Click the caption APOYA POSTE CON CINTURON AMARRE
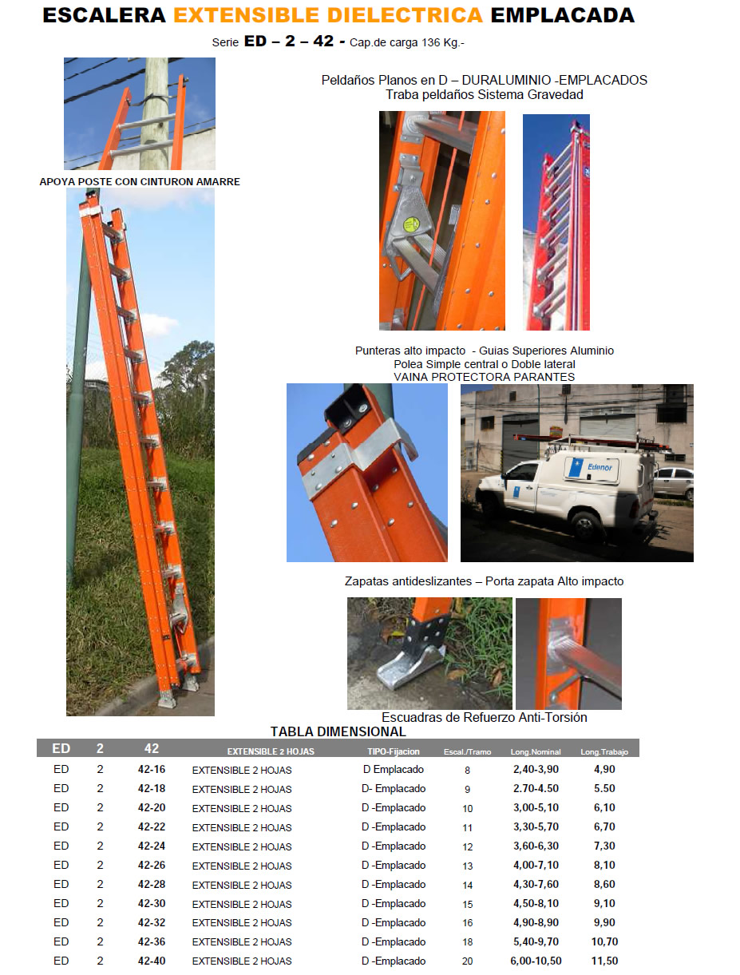point(140,182)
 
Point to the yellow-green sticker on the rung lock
point(411,224)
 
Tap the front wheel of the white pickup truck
point(587,527)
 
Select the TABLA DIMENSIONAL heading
point(338,731)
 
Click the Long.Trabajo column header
point(604,751)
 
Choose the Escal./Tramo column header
point(467,751)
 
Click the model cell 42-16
point(152,769)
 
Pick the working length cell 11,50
point(604,961)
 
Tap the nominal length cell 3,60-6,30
point(536,846)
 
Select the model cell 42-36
point(152,941)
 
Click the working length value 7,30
point(604,846)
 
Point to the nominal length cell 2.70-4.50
point(536,788)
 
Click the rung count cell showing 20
point(467,961)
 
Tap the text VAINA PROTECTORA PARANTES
point(484,377)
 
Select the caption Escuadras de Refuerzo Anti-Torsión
point(484,717)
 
